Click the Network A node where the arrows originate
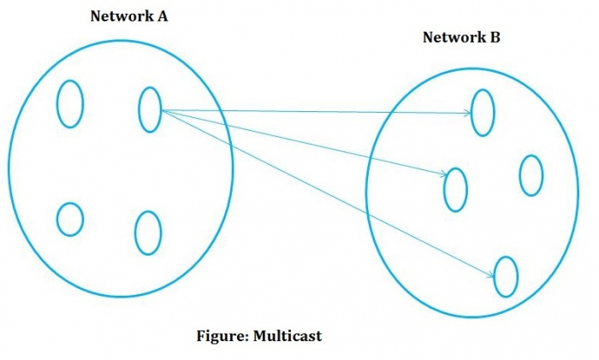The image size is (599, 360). pyautogui.click(x=150, y=109)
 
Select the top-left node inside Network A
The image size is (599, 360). pyautogui.click(x=70, y=103)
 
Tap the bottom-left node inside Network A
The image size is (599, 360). pyautogui.click(x=70, y=219)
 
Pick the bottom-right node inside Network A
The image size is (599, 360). pyautogui.click(x=148, y=232)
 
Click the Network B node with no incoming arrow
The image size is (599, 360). pyautogui.click(x=531, y=175)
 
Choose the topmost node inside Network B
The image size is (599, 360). pyautogui.click(x=483, y=112)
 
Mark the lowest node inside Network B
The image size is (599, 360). pyautogui.click(x=506, y=276)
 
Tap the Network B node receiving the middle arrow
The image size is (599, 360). pyautogui.click(x=455, y=190)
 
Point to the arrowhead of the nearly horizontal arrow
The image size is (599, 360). pyautogui.click(x=467, y=112)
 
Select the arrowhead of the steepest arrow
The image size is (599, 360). pyautogui.click(x=490, y=274)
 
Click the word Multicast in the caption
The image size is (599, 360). pyautogui.click(x=287, y=336)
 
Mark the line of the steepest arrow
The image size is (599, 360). pyautogui.click(x=325, y=192)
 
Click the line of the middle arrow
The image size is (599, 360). pyautogui.click(x=299, y=142)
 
